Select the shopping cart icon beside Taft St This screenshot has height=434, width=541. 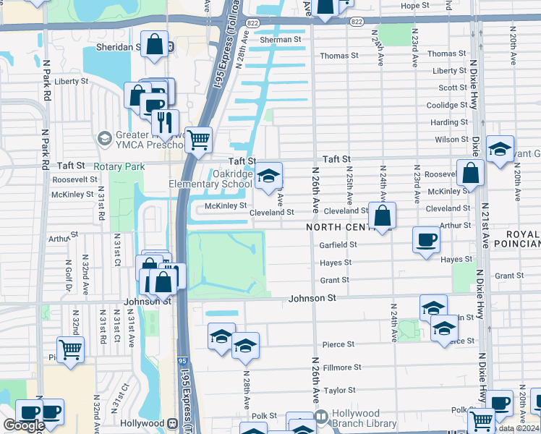click(x=198, y=139)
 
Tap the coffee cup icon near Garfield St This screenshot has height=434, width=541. click(x=426, y=239)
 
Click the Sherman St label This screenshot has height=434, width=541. click(x=280, y=40)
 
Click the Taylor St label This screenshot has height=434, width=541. click(x=339, y=390)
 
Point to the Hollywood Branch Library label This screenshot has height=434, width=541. click(x=364, y=419)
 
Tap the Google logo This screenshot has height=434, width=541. click(x=24, y=425)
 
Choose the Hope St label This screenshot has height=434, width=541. click(x=414, y=6)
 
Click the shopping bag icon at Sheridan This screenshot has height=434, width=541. click(x=155, y=45)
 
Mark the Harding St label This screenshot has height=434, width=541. click(x=449, y=122)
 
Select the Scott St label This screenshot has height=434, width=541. click(x=453, y=88)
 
